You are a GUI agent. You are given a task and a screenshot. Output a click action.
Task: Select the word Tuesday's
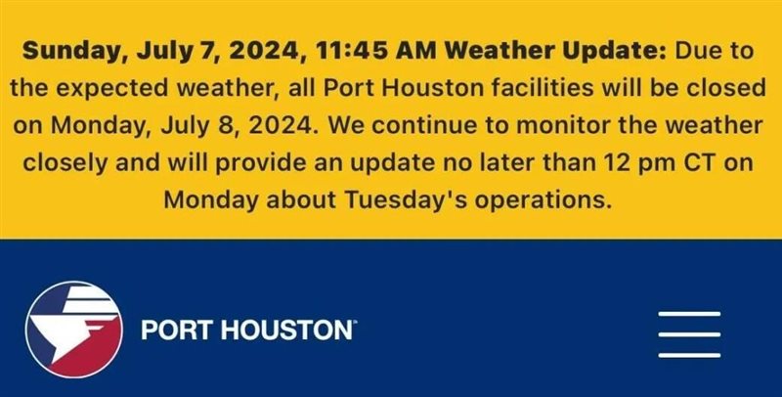pos(405,200)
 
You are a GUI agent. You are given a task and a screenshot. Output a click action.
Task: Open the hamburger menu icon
pos(689,334)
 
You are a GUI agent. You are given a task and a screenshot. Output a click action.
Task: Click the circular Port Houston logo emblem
pos(74,330)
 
